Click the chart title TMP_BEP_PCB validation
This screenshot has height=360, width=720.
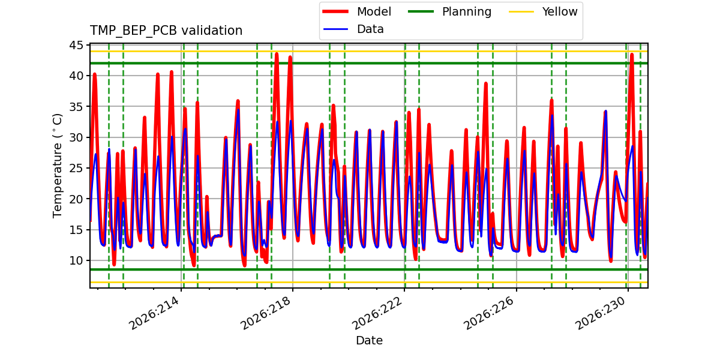[x=166, y=31]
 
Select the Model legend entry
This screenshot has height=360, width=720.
[x=356, y=11]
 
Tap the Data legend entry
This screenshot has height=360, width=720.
[x=353, y=29]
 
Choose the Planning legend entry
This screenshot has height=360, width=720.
[x=449, y=11]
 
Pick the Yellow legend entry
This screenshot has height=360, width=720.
[x=543, y=11]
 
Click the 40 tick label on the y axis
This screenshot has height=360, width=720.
[x=76, y=76]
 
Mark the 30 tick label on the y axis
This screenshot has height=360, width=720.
[x=76, y=137]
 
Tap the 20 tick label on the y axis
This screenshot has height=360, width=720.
[x=76, y=199]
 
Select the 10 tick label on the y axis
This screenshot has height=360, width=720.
[x=76, y=260]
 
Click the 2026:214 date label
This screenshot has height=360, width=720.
[x=154, y=313]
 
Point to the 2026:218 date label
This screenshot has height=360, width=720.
[x=266, y=313]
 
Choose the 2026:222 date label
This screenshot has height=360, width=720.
[x=377, y=313]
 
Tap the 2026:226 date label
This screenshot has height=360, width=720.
[x=489, y=313]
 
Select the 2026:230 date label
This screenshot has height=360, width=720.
[x=601, y=313]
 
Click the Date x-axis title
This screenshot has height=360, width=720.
[x=370, y=340]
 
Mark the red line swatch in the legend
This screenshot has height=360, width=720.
[x=335, y=11]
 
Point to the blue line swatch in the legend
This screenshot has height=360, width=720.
[x=335, y=29]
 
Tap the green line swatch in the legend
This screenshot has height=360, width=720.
[x=421, y=11]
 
